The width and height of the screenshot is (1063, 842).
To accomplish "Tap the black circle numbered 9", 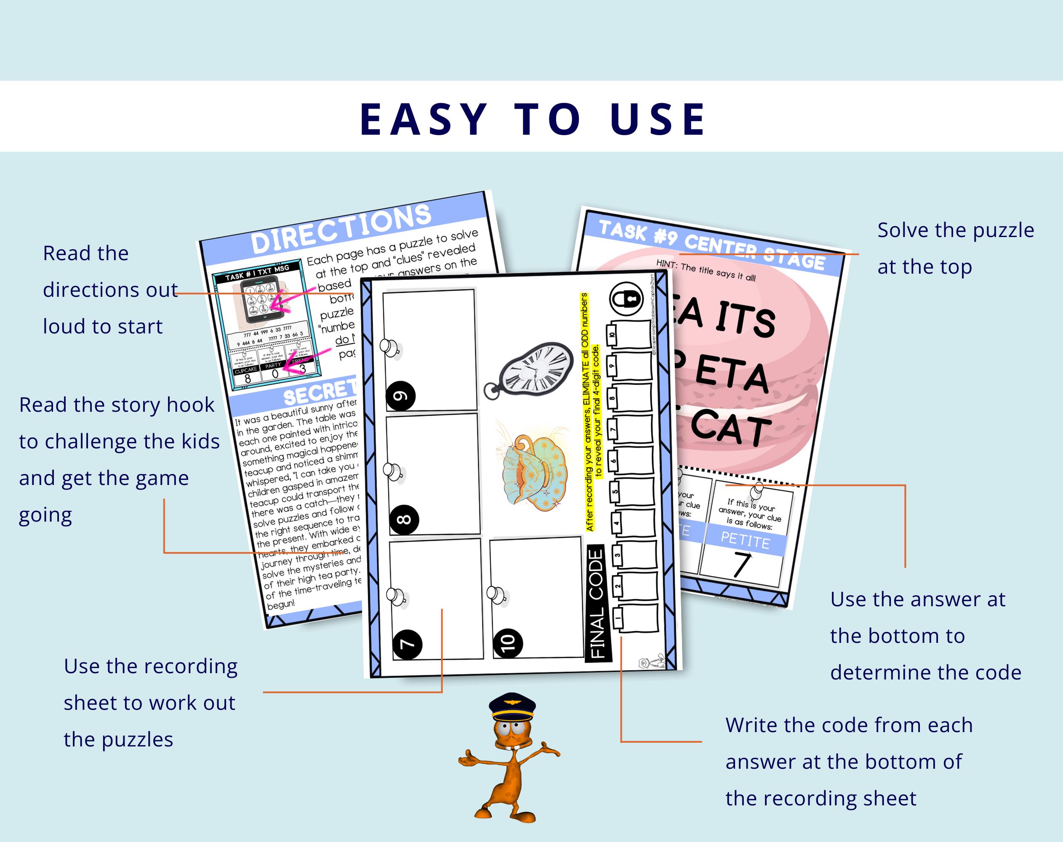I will (400, 395).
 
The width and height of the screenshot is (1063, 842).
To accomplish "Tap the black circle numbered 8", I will (404, 519).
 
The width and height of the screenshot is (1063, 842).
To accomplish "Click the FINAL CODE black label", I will (597, 603).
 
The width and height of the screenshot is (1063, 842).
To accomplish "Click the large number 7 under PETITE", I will (741, 565).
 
